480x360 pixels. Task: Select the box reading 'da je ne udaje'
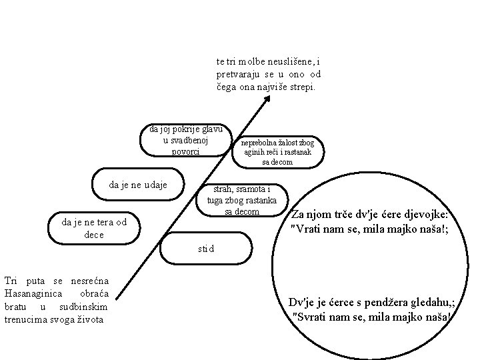tap(138, 184)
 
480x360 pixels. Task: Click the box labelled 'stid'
tap(207, 249)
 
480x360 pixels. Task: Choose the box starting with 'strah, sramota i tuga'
tap(242, 199)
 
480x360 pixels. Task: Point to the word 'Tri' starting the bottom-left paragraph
tap(11, 282)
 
